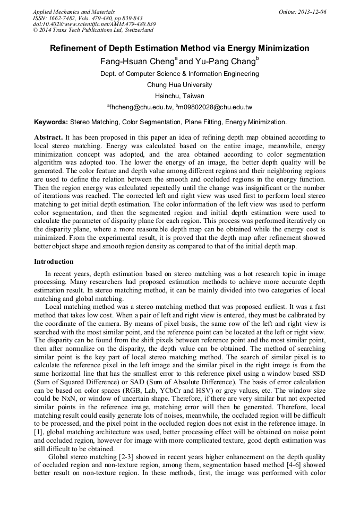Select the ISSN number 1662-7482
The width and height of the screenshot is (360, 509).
(x=69, y=18)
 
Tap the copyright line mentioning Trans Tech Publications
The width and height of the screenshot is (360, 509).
(x=93, y=30)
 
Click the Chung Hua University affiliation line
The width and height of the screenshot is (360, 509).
(x=179, y=85)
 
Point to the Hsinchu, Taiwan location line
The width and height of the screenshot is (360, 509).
(x=179, y=96)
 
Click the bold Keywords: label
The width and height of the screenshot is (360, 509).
(x=50, y=122)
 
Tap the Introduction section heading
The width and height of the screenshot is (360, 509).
(x=54, y=262)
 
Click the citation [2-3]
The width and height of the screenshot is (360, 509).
(x=134, y=456)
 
